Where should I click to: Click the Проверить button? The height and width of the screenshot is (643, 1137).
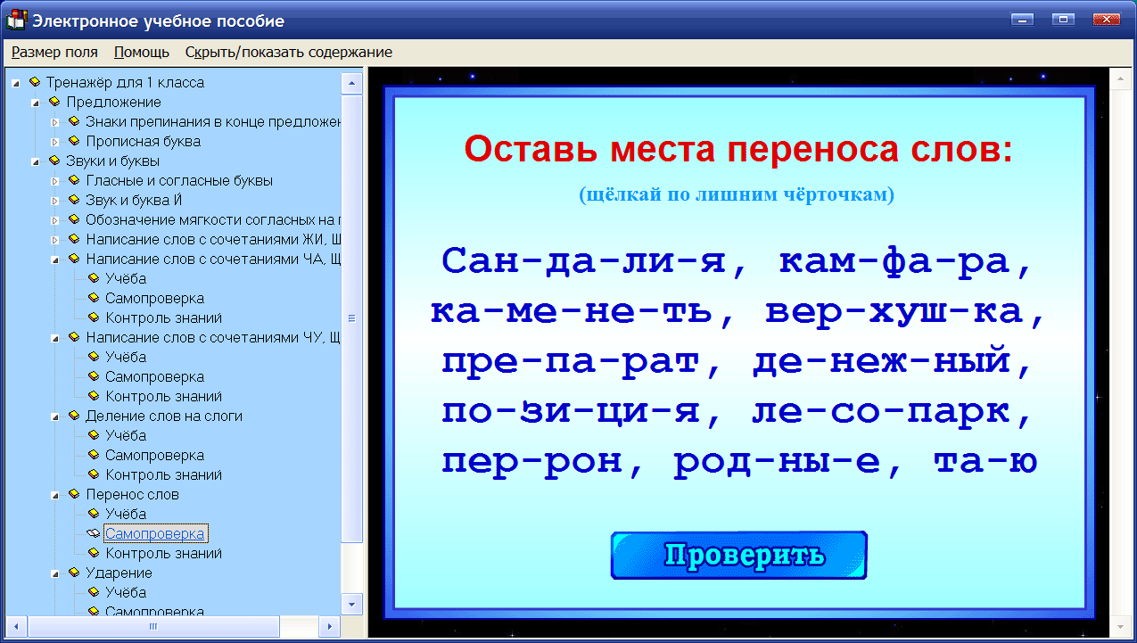tap(738, 556)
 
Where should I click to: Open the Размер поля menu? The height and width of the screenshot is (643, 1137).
tap(54, 52)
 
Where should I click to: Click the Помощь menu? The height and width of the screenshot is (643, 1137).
tap(142, 52)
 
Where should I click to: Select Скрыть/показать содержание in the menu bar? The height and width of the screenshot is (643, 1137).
tap(288, 52)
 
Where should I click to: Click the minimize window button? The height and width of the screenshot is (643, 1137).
tap(1021, 20)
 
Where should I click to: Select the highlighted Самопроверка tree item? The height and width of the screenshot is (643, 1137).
tap(155, 533)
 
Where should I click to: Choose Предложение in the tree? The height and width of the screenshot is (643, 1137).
tap(113, 102)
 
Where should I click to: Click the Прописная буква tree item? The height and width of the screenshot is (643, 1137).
tap(143, 141)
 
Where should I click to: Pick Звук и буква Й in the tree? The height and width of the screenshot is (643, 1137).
tap(134, 200)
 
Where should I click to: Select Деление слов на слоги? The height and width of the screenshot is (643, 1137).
tap(163, 416)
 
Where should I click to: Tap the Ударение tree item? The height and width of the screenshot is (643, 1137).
tap(119, 573)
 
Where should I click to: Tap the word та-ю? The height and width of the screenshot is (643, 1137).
tap(985, 462)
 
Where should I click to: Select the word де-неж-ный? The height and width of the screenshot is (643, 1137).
tap(892, 362)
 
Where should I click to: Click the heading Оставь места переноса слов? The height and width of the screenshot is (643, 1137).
tap(738, 149)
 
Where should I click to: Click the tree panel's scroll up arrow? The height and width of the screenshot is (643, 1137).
tap(352, 83)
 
